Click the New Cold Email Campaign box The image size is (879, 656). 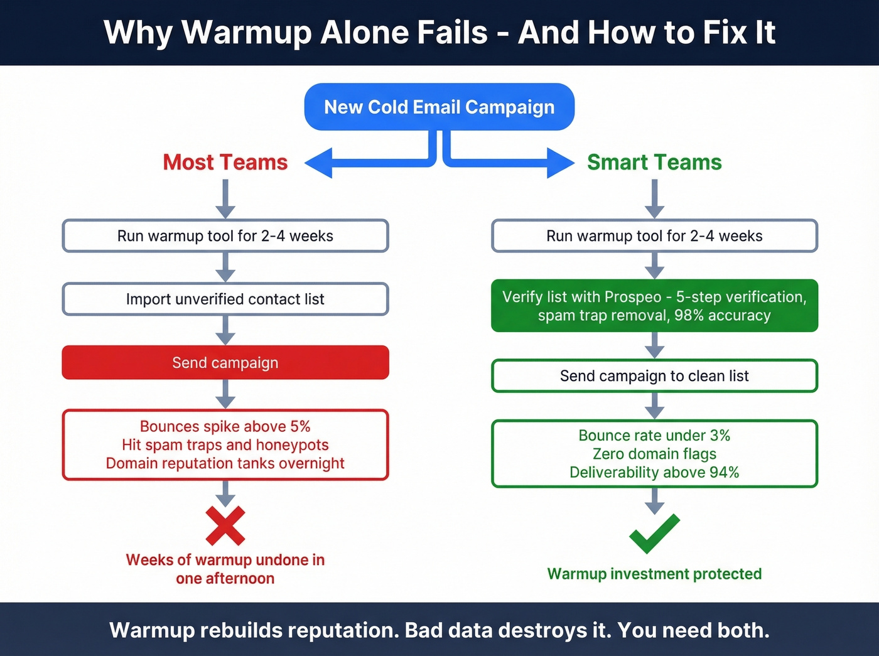point(439,107)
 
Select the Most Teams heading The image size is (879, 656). point(225,163)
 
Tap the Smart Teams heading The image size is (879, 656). point(654,163)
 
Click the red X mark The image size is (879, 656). point(225,526)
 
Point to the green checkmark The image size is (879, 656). point(654,533)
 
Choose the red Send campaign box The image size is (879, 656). point(225,363)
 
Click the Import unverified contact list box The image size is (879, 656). point(225,299)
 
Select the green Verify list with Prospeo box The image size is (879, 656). point(654,306)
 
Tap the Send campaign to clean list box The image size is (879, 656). point(654,376)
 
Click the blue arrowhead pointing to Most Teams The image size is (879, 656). point(319,163)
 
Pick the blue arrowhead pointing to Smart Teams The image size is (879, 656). point(560,163)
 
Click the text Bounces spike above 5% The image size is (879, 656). point(225,427)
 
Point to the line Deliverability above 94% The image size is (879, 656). point(654,473)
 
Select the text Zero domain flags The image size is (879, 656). point(654,454)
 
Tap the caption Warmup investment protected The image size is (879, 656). point(654,574)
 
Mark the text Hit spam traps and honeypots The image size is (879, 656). point(225,445)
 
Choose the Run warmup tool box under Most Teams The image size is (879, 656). point(225,236)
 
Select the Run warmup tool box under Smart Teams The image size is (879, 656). point(654,236)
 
